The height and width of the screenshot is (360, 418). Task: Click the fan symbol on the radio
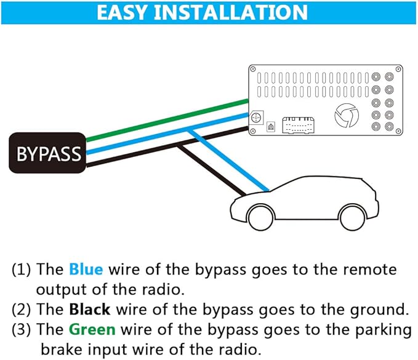345,116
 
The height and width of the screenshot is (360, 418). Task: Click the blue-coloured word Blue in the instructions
86,270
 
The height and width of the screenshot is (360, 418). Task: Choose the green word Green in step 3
92,329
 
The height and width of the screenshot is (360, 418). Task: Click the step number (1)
22,270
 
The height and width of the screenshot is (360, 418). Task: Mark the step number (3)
22,329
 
